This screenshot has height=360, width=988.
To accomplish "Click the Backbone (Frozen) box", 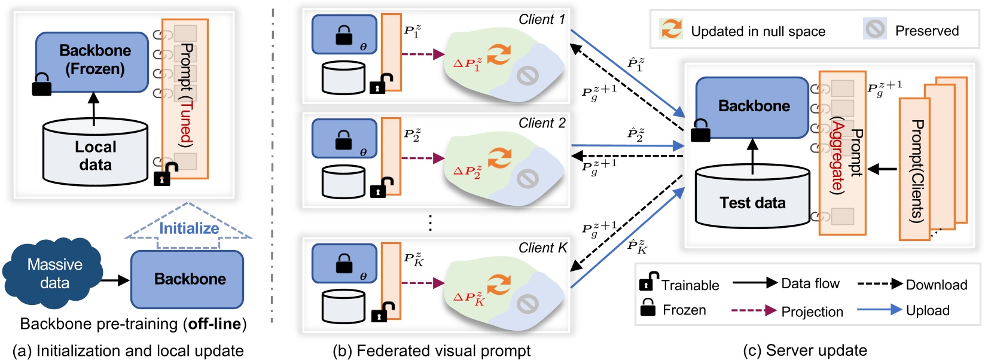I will pos(92,61).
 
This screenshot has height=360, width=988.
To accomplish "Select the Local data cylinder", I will pos(95,154).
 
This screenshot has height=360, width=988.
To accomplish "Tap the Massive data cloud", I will pos(54,274).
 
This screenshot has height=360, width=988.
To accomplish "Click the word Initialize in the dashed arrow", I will pos(188,228).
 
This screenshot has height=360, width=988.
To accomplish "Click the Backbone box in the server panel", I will pos(753,106).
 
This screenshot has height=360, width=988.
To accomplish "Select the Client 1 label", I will pos(541,20).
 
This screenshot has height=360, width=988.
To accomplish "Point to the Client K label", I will pos(542,248).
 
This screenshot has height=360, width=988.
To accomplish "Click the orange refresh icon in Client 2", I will pos(498,158).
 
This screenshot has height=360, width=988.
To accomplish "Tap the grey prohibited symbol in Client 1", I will pos(527,75).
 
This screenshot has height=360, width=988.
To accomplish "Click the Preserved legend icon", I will pos(875,29).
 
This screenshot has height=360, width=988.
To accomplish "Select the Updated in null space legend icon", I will pos(671,29).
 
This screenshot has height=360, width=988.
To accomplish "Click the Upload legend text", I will pos(927,310).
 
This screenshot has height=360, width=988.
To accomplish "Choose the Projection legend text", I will pos(812,312).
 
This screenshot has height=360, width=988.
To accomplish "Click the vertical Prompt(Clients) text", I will pos(916,171).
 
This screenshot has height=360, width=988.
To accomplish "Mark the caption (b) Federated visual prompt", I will pos(431,351).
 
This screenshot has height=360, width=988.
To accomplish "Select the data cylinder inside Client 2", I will pos(343,181).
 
